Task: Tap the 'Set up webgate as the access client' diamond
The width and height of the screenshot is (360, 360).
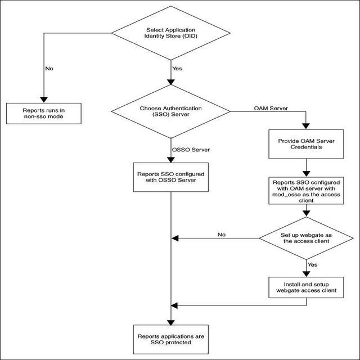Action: click(306, 238)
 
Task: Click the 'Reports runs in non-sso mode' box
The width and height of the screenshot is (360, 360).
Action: click(43, 114)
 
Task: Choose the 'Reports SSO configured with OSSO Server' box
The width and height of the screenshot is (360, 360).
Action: click(170, 178)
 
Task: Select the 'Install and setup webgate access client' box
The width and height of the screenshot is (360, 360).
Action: click(306, 287)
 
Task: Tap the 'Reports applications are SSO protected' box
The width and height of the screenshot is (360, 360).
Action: click(170, 339)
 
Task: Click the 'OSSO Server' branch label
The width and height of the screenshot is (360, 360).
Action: click(191, 150)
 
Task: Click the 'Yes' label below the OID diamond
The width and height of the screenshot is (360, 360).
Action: click(178, 69)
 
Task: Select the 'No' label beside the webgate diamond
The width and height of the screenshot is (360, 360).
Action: click(222, 234)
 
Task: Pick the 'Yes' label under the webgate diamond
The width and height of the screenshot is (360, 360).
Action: click(313, 263)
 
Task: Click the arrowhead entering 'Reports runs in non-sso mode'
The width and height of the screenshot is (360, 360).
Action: click(43, 98)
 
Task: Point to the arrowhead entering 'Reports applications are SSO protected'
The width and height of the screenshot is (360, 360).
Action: click(170, 321)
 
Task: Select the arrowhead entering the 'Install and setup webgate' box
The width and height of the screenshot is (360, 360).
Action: click(306, 273)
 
